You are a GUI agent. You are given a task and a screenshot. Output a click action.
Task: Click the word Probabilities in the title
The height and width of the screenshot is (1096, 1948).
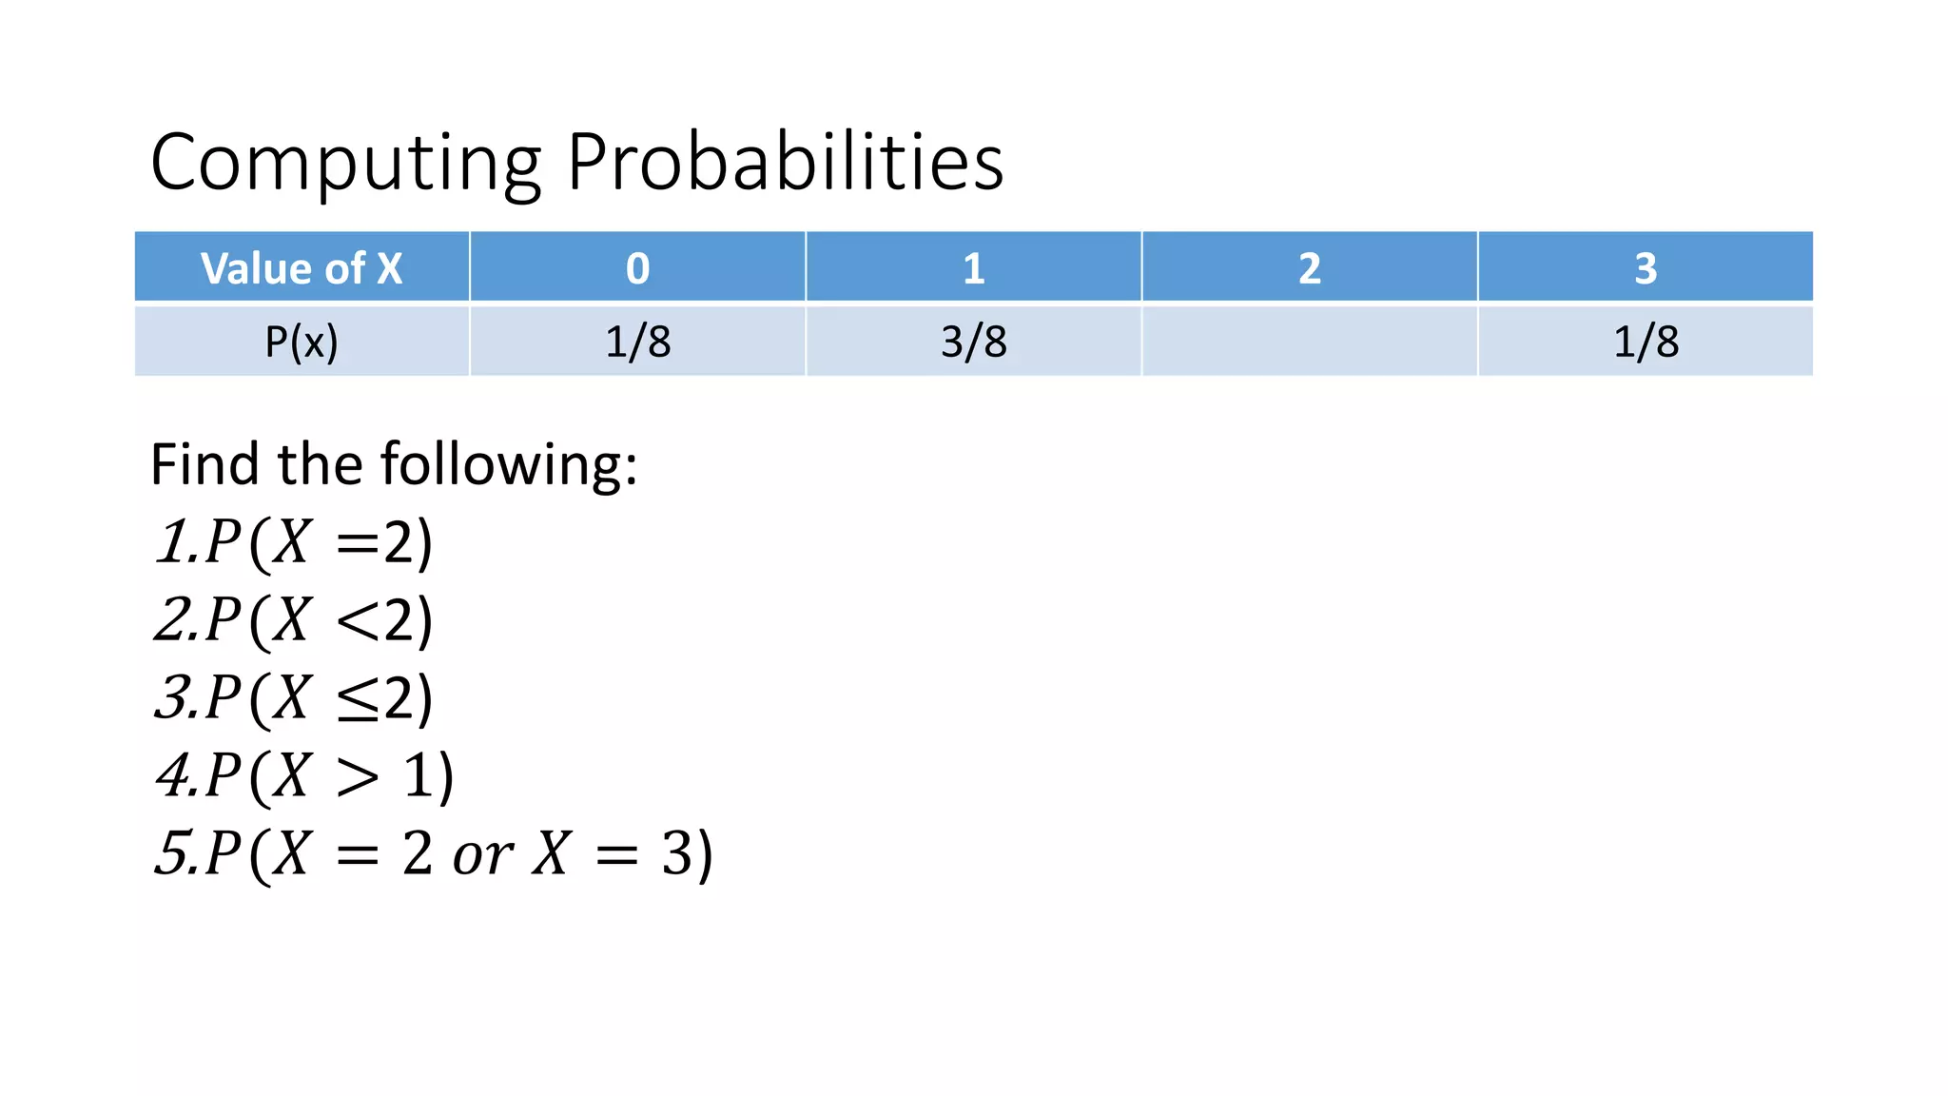(785, 163)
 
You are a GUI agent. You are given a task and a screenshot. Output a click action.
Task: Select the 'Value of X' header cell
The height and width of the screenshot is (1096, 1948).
(302, 268)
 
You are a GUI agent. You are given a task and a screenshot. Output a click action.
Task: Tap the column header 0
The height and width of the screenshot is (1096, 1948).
(637, 268)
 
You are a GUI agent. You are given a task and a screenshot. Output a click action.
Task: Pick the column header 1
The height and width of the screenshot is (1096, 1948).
(973, 268)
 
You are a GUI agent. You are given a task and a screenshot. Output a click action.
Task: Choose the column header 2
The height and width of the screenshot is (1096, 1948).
(1310, 268)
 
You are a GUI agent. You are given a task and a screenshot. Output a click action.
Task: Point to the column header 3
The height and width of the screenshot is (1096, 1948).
(1646, 268)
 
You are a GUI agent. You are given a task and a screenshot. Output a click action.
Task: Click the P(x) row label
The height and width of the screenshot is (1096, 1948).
(302, 342)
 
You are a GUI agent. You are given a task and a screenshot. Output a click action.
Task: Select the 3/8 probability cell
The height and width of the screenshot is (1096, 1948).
(973, 342)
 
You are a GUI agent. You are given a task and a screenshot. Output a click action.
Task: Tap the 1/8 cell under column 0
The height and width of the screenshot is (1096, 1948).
(637, 342)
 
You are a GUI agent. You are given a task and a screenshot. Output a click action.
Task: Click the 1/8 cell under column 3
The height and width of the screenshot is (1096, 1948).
(1646, 342)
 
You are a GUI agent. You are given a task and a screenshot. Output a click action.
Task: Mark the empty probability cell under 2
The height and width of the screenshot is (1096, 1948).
(1310, 342)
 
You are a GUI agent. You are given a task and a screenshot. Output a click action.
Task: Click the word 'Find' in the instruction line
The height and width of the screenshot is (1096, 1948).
(204, 465)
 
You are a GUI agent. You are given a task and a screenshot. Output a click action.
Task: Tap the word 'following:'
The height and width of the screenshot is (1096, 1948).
(509, 465)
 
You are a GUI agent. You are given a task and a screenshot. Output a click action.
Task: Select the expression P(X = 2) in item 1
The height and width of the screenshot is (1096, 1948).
(319, 543)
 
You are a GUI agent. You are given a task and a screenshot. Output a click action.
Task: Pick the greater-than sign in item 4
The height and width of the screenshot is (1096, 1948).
(358, 778)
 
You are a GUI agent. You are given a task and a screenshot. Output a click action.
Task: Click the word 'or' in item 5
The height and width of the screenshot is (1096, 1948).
(482, 855)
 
